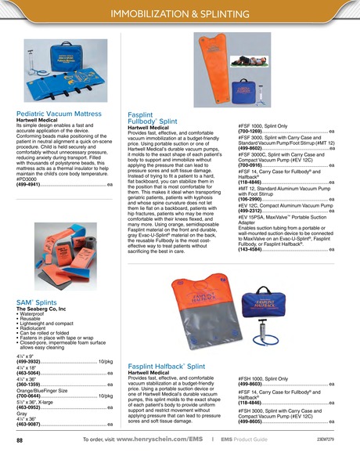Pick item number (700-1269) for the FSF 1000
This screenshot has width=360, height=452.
coord(250,130)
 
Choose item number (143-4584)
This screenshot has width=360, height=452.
coord(250,249)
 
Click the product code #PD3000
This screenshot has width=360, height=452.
coord(28,179)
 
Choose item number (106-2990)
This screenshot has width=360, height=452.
coord(250,199)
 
